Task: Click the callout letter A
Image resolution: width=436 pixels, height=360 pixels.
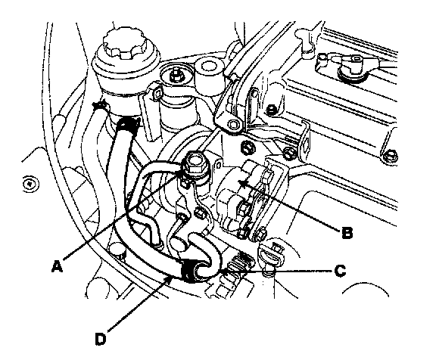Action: tap(57, 266)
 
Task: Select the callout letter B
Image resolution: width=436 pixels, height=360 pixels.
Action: tap(347, 233)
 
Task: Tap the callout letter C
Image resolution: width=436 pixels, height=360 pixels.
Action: tap(340, 270)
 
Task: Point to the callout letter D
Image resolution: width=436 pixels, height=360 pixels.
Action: tap(101, 339)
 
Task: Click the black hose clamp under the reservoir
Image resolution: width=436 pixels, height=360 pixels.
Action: tap(128, 124)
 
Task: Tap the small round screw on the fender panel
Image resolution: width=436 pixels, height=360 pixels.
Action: tap(30, 184)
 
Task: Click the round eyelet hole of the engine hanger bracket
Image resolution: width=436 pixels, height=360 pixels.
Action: tap(233, 126)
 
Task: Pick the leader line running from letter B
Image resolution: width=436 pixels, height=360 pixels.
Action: tap(292, 206)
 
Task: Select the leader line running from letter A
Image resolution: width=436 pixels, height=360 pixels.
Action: tap(123, 216)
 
